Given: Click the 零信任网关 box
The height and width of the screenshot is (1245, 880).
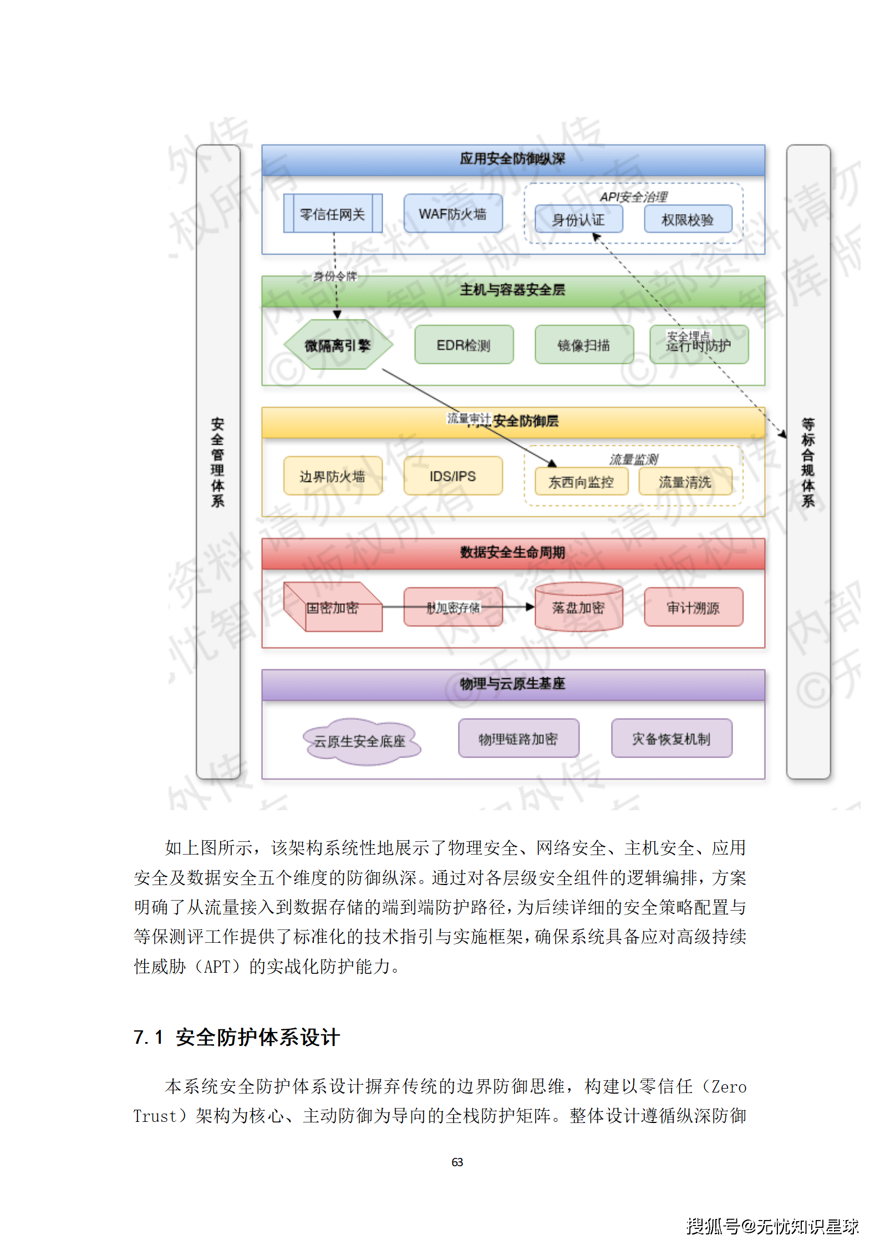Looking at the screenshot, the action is [x=333, y=214].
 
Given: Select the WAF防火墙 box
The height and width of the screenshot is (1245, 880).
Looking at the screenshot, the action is [x=453, y=214].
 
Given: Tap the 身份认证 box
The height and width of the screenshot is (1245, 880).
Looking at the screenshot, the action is [x=578, y=220].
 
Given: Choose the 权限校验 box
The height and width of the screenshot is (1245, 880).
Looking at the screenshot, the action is [x=688, y=220].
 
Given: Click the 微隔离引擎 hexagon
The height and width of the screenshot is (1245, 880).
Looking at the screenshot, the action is [x=338, y=345].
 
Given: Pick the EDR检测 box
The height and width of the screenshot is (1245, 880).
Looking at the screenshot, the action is [x=464, y=345].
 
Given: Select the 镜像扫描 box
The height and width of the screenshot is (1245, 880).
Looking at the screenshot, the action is [x=584, y=345].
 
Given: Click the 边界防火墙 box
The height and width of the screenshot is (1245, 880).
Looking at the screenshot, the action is [x=333, y=476].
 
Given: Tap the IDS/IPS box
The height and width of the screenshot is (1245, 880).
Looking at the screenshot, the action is [x=453, y=476].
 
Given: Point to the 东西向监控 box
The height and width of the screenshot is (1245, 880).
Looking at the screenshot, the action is [x=581, y=482].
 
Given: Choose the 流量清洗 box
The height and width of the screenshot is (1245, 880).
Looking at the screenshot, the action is [x=685, y=482].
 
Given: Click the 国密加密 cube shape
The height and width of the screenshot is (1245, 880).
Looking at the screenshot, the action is [x=333, y=608].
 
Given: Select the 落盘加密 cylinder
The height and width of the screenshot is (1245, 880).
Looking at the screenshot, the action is [x=578, y=608].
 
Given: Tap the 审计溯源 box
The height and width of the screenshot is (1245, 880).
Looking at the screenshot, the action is [x=693, y=608].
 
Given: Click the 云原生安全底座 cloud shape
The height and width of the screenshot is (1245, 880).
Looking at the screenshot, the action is [x=360, y=741].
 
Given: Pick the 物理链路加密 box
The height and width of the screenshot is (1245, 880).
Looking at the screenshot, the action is [x=518, y=739].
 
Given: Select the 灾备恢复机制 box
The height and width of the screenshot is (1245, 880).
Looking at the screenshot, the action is [x=672, y=739].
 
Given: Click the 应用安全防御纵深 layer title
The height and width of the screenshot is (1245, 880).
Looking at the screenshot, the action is [x=513, y=159].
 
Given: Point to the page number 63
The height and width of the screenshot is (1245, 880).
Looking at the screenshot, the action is [x=457, y=1162].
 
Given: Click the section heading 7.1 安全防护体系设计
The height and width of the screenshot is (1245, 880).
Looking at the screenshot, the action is [x=237, y=1037].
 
